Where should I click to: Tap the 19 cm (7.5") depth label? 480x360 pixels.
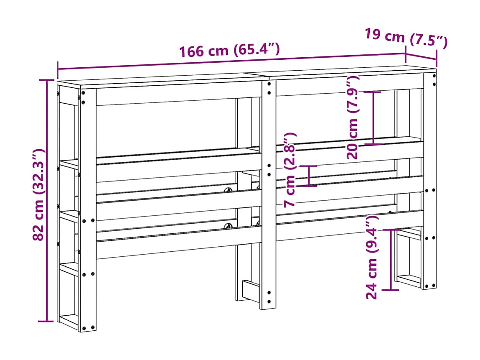(x=406, y=37)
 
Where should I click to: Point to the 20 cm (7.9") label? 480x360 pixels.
(x=353, y=117)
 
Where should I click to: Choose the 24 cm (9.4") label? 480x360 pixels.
(x=372, y=257)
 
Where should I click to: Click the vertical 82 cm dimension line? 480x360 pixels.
(x=46, y=201)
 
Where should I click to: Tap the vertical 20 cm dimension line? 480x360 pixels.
(x=373, y=118)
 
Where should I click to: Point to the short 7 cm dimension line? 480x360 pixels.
(x=309, y=176)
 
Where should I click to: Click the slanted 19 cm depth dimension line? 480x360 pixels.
(x=421, y=56)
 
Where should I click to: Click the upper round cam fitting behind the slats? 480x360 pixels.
(x=229, y=191)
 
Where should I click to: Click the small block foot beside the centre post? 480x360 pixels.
(x=251, y=289)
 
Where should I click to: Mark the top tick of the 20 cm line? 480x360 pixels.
(x=373, y=92)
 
